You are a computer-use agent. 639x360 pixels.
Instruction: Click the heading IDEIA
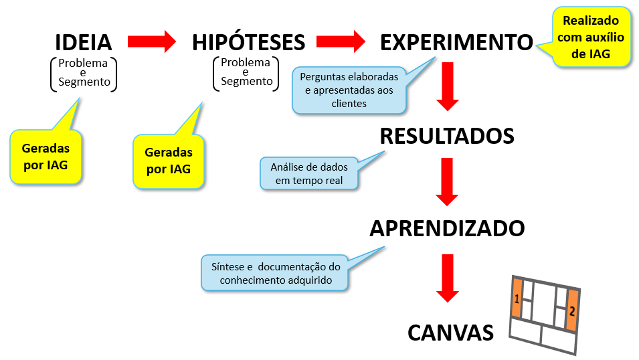coord(83,42)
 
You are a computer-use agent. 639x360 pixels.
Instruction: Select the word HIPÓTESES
coord(249,42)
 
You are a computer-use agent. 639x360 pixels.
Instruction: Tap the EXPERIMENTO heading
coord(456,42)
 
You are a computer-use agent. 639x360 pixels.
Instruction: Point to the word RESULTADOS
coord(447,137)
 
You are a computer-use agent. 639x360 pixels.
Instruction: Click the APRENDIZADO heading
coord(447,228)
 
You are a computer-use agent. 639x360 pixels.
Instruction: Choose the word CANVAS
coord(451,333)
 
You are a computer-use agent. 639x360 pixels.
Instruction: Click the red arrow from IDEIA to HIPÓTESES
coord(152,41)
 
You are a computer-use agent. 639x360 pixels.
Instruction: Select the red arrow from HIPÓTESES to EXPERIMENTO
coord(341,41)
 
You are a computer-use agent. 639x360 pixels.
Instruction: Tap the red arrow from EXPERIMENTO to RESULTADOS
coord(448,86)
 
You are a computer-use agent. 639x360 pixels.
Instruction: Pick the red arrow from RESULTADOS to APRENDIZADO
coord(447,182)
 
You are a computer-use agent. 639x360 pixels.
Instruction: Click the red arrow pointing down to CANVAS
coord(448,278)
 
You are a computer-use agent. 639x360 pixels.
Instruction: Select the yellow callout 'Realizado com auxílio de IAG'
coord(591,37)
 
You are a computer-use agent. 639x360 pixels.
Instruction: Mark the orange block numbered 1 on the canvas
coord(517,298)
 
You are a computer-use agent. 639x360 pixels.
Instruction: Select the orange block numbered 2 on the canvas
coord(572,310)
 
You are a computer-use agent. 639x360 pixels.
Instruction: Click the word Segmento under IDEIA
coord(84,82)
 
